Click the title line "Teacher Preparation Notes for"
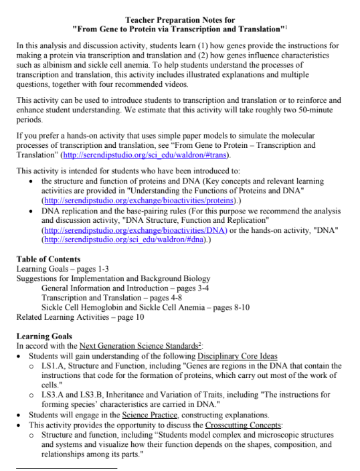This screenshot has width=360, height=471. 180,19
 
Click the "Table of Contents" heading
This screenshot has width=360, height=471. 48,259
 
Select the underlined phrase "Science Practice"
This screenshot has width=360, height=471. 150,415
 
